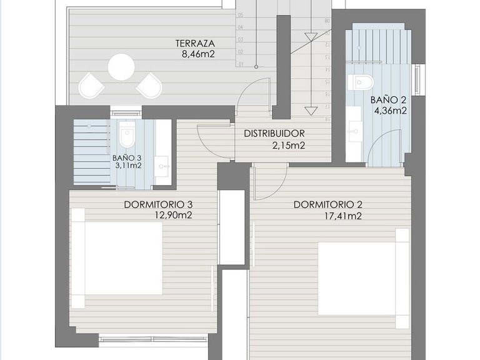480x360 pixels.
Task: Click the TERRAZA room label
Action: pos(195,44)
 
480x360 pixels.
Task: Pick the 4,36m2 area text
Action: pos(390,111)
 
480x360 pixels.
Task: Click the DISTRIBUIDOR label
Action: pos(274,134)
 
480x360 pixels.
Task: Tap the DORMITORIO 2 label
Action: pos(327,204)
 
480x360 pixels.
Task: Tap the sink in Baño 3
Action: pos(163,166)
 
